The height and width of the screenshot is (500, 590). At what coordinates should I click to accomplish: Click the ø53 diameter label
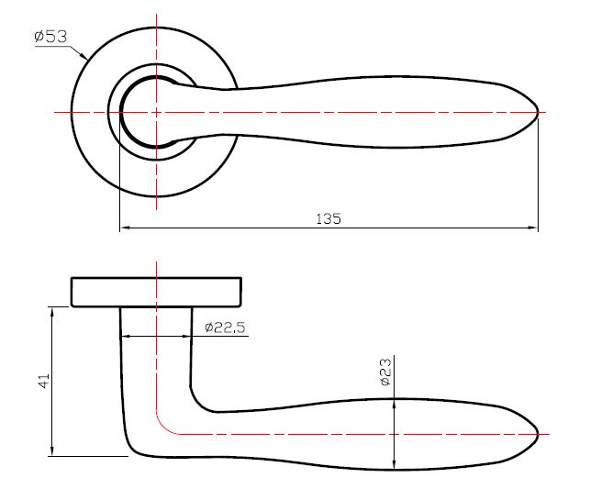point(50,37)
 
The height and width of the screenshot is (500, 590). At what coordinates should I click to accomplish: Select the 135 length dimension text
point(328,219)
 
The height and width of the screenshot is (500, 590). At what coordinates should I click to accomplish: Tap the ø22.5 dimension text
point(225,327)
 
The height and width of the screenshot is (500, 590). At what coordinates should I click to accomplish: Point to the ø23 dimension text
point(385,372)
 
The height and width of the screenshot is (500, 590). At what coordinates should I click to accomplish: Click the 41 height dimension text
point(42,381)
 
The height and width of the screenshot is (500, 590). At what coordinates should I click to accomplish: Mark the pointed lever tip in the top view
point(537,112)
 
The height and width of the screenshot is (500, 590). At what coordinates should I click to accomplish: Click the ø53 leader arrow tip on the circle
point(86,59)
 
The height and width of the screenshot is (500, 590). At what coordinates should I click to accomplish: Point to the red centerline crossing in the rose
point(157,112)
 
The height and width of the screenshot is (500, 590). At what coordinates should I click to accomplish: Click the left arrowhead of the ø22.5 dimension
point(125,336)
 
